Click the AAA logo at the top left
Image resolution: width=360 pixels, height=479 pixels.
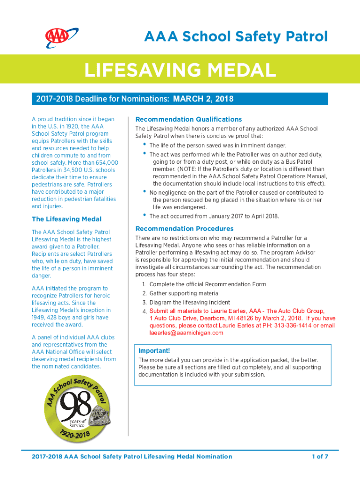[x=57, y=36]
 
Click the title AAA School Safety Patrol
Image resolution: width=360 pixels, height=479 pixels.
[x=235, y=36]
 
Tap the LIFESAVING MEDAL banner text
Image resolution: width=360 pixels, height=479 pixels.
[x=180, y=71]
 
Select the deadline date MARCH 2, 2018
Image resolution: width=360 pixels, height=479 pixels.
[x=203, y=99]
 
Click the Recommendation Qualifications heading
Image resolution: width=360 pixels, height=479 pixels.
[x=188, y=119]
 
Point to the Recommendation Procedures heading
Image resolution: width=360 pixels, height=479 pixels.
[x=184, y=229]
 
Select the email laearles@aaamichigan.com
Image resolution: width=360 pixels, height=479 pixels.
[x=187, y=333]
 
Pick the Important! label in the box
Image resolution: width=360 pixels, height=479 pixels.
[x=154, y=351]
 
